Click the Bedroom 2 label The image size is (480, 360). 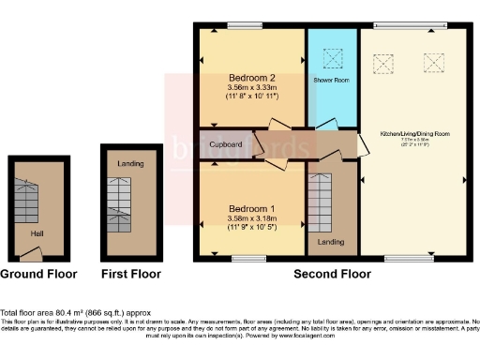251,77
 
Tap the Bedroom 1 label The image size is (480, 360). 251,208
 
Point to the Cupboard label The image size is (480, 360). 226,144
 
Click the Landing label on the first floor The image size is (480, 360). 130,164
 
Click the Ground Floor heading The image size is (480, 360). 39,275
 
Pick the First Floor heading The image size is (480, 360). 131,275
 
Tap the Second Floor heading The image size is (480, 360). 331,275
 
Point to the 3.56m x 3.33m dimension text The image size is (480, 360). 251,87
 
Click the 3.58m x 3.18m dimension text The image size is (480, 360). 251,219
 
